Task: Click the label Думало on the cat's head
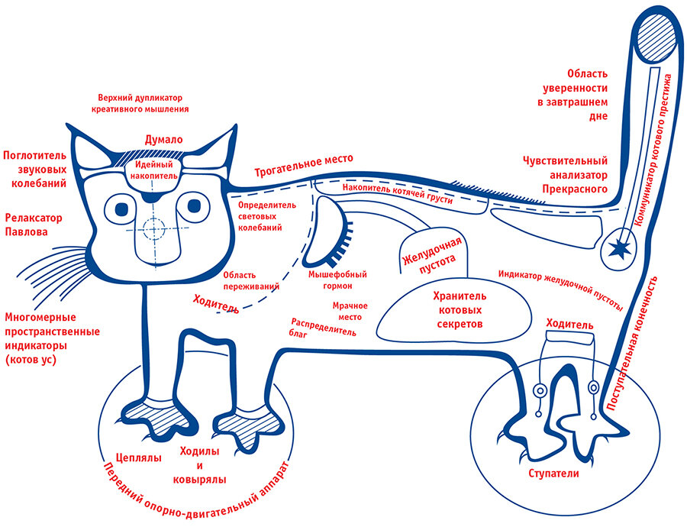[x=163, y=141]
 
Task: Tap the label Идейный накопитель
[x=156, y=170]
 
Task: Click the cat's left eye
[x=122, y=206]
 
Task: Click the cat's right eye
[x=192, y=205]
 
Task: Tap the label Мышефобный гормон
[x=337, y=280]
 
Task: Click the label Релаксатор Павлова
[x=34, y=224]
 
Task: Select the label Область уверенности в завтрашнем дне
[x=582, y=95]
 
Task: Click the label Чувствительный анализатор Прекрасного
[x=565, y=174]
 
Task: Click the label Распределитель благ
[x=323, y=327]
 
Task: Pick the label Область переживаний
[x=250, y=280]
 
